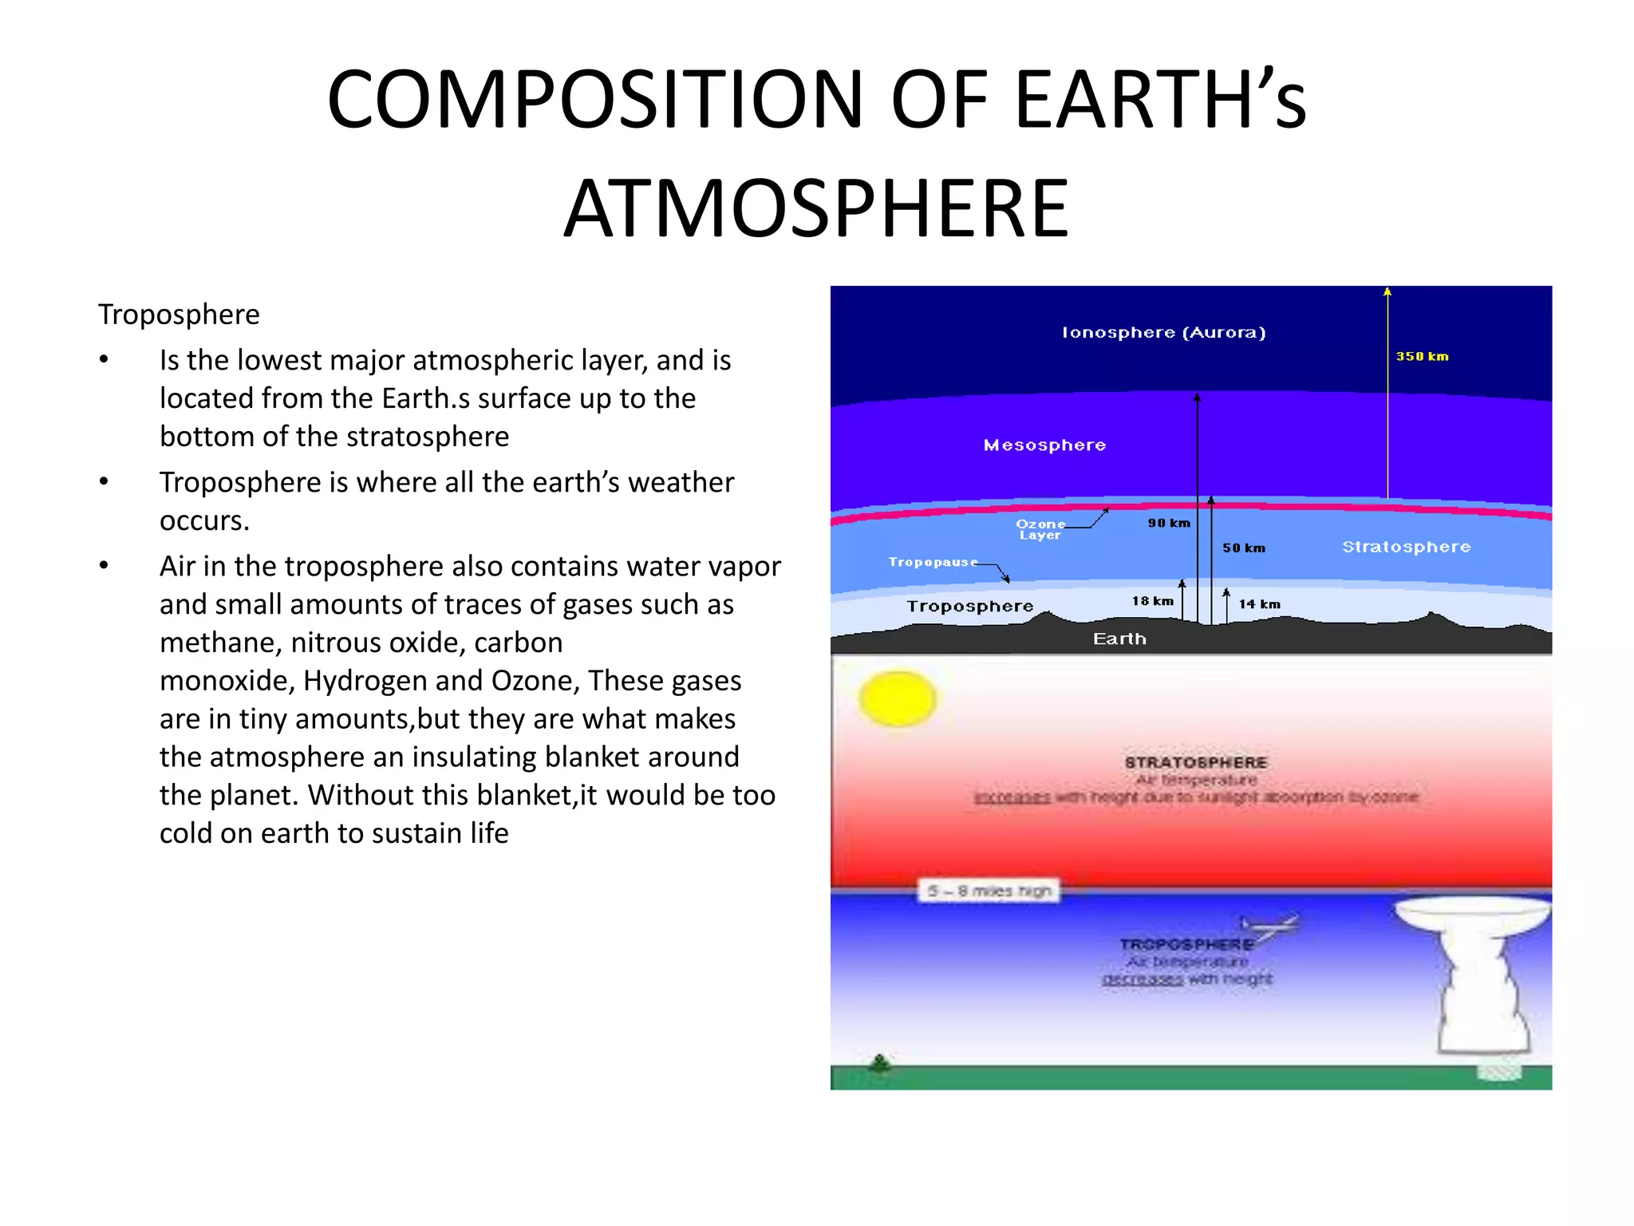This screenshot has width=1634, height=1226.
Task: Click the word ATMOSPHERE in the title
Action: [x=816, y=209]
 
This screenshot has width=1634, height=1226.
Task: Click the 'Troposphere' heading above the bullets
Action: [x=179, y=314]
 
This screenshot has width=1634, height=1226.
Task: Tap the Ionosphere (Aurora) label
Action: [x=1163, y=333]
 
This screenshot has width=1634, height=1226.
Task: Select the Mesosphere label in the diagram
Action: [x=1044, y=445]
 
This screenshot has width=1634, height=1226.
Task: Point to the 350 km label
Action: [x=1422, y=357]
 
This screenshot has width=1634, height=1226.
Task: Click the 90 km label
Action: [x=1169, y=524]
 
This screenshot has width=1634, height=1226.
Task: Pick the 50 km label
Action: [x=1244, y=548]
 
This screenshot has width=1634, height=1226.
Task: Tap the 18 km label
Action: [x=1152, y=601]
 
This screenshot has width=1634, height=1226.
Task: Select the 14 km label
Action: [x=1259, y=605]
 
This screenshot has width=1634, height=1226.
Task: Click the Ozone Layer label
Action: [x=1040, y=529]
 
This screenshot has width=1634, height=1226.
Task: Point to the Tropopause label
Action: [x=933, y=562]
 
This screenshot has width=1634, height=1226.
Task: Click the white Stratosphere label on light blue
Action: [x=1406, y=547]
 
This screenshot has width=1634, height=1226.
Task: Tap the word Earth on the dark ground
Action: [x=1119, y=639]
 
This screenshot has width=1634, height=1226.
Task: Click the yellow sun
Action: [x=898, y=699]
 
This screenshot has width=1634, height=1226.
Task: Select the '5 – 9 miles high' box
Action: [x=989, y=891]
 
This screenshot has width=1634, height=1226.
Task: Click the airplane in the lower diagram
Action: [x=1272, y=927]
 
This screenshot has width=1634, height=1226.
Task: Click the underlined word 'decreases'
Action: [x=1142, y=979]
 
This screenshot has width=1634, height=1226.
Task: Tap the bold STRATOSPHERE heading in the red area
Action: [x=1195, y=762]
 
